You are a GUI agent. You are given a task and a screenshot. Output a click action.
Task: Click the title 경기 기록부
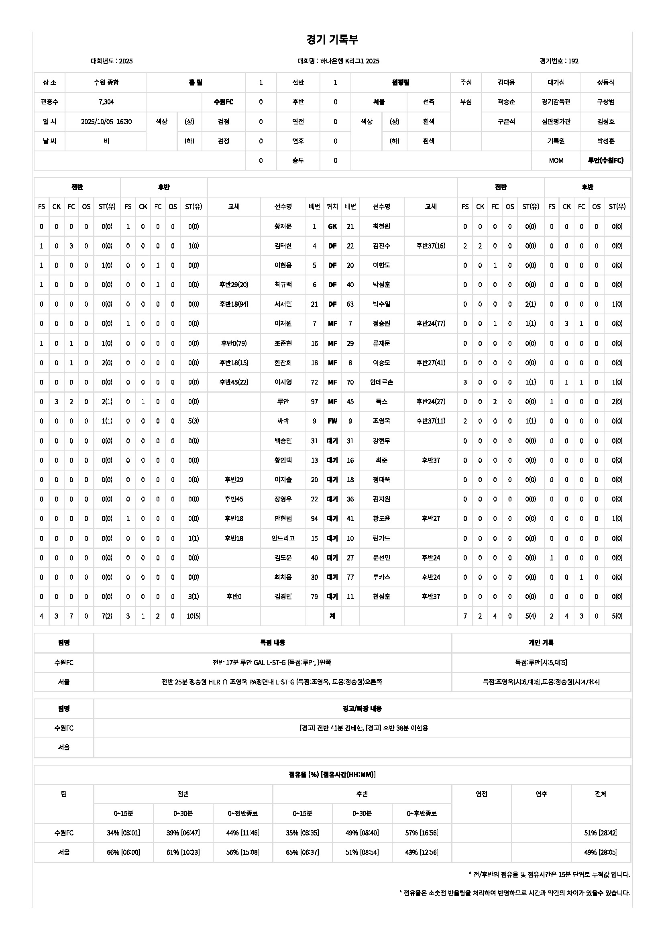332,40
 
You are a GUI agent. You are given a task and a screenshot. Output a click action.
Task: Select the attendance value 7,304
106,102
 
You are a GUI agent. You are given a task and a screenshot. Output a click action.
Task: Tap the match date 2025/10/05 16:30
106,122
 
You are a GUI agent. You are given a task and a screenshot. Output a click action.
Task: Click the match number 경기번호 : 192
559,61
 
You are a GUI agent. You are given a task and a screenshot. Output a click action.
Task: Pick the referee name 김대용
506,82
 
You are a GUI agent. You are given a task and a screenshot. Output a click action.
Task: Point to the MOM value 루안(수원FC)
605,160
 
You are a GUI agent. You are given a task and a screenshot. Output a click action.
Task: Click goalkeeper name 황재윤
283,226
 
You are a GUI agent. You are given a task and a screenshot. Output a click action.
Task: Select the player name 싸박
283,421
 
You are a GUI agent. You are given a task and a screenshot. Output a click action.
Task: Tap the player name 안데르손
381,382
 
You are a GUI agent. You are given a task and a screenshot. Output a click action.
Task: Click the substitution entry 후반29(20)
234,285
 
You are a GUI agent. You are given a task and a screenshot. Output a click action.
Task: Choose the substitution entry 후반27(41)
430,363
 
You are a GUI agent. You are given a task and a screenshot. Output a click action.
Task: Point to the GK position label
332,226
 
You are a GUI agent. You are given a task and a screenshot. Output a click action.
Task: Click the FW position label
332,421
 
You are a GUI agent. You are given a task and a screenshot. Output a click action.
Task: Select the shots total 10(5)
193,616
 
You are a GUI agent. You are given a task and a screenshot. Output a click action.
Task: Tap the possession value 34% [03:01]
123,833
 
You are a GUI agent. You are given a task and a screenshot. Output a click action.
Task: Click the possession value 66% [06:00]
123,852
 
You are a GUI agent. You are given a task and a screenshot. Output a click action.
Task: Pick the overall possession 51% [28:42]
601,833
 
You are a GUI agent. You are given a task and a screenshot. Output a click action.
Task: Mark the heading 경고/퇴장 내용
362,708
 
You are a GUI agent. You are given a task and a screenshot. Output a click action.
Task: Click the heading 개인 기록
541,642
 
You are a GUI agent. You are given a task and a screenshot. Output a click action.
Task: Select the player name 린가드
381,538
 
